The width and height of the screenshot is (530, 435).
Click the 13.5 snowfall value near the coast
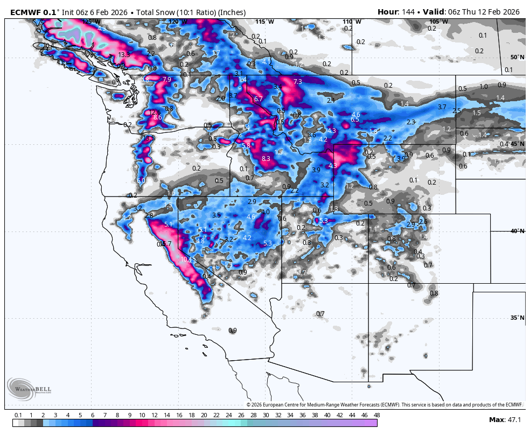point(124,55)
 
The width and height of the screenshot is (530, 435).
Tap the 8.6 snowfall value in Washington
point(158,117)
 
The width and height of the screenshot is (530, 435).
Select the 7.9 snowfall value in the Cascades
point(166,80)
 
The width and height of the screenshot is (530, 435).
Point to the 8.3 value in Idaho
point(266,159)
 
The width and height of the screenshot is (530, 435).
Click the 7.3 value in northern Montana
point(298,81)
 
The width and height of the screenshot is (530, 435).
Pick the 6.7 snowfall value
point(259,99)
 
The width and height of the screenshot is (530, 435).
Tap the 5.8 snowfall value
point(247,146)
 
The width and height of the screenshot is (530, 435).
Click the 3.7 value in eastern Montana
point(442,107)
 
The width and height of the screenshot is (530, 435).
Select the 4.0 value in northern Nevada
point(266,212)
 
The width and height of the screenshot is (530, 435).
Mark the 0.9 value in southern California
point(233,331)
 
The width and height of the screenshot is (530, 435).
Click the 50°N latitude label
point(517,57)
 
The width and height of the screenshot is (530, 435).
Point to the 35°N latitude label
point(517,318)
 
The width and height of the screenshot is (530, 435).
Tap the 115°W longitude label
point(264,22)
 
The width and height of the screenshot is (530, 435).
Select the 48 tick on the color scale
point(376,415)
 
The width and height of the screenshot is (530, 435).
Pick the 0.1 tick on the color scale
point(18,415)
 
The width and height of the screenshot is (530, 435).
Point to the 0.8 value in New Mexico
point(434,293)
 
